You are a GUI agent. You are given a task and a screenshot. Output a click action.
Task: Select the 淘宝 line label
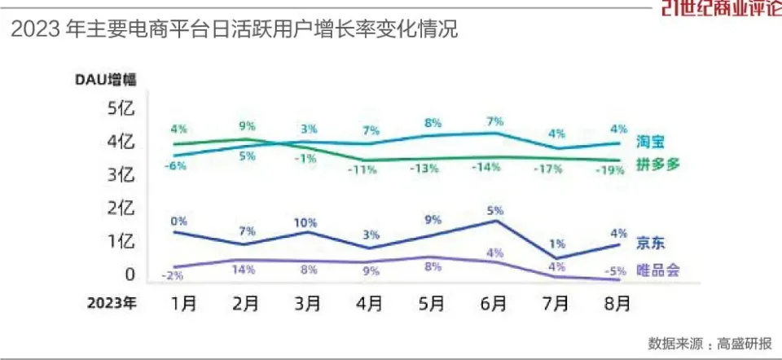click(x=651, y=143)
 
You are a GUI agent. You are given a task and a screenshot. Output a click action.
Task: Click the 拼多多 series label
click(x=657, y=164)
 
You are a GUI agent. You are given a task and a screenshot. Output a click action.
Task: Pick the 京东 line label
click(x=651, y=242)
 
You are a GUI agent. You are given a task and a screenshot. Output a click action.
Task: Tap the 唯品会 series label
click(x=657, y=270)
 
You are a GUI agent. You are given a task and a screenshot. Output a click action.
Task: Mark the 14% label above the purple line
click(x=245, y=270)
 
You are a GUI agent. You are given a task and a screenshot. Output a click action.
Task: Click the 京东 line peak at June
click(x=496, y=221)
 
